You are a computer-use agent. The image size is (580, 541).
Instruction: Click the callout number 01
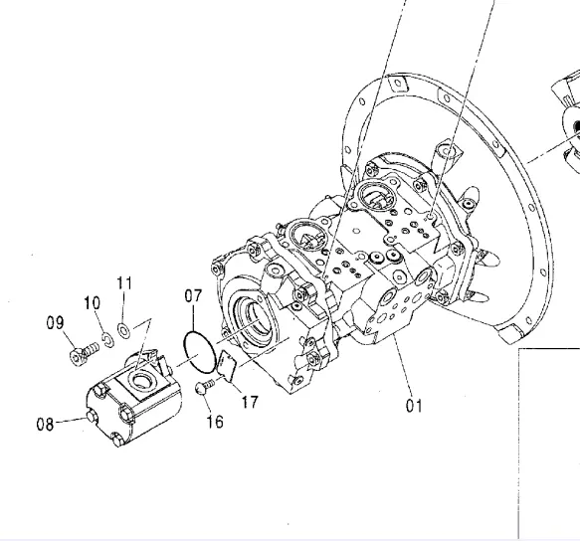pyautogui.click(x=414, y=406)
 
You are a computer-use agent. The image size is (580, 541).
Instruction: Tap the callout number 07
pyautogui.click(x=193, y=295)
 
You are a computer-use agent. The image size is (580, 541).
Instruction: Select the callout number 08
pyautogui.click(x=45, y=424)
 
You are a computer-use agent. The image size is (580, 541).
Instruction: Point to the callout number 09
pyautogui.click(x=55, y=322)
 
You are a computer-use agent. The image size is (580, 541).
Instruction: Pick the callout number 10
pyautogui.click(x=93, y=303)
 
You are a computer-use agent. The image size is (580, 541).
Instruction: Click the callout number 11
pyautogui.click(x=124, y=283)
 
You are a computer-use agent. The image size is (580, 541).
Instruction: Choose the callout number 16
pyautogui.click(x=215, y=422)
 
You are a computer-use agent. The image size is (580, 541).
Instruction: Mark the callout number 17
pyautogui.click(x=250, y=402)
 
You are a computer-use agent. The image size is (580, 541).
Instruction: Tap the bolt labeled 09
pyautogui.click(x=84, y=353)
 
